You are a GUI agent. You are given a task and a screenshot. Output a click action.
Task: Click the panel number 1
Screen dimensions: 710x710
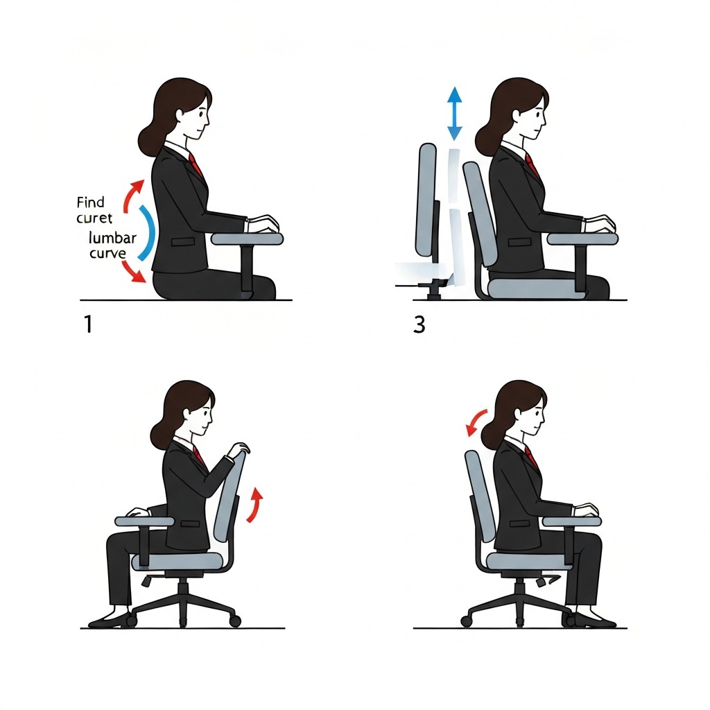click(x=87, y=324)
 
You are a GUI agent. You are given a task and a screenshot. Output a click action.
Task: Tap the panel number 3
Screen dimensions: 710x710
click(x=419, y=324)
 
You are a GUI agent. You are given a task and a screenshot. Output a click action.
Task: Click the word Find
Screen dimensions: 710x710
click(x=91, y=202)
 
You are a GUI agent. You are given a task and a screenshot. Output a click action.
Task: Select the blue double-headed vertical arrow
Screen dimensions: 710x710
click(x=455, y=114)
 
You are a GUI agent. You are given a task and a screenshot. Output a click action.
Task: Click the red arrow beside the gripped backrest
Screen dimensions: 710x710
click(x=256, y=504)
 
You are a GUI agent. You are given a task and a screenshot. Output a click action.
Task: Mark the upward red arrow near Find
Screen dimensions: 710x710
click(x=132, y=194)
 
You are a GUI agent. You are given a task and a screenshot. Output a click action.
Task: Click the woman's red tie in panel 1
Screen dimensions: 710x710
click(x=196, y=165)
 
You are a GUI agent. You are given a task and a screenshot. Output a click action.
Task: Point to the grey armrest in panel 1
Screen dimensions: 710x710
click(x=247, y=239)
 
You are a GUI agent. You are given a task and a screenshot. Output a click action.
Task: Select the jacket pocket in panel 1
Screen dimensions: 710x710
click(x=184, y=242)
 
